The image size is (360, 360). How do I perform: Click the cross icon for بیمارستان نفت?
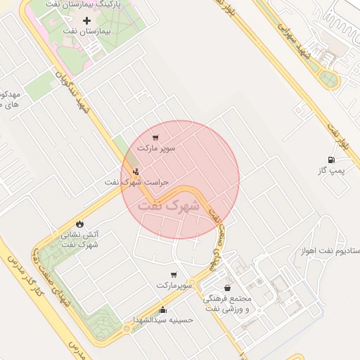coord(87,21)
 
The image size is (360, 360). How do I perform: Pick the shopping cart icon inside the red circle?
coord(155,137)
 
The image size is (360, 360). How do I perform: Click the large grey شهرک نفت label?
coord(169,206)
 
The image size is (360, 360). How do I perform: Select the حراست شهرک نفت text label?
coord(137,182)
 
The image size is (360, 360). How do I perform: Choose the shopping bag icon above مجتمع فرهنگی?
coord(226,288)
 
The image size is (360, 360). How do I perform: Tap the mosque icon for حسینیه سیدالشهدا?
coord(163,310)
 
